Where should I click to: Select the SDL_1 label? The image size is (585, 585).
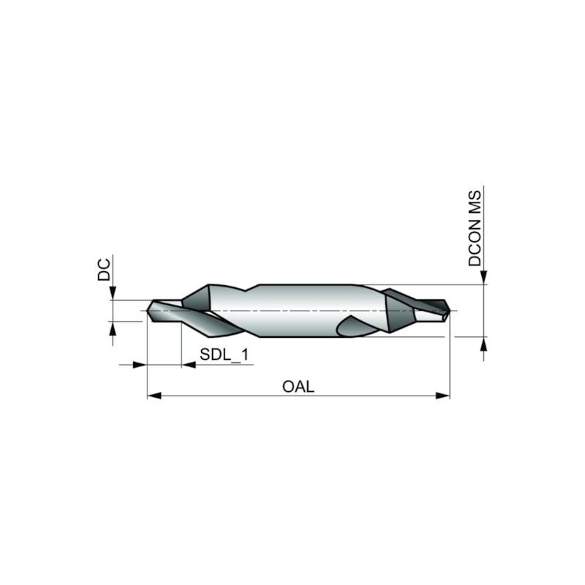pyautogui.click(x=224, y=355)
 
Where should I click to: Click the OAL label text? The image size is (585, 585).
pyautogui.click(x=298, y=387)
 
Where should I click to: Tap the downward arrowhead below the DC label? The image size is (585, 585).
pyautogui.click(x=113, y=293)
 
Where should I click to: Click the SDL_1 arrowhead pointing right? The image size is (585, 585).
pyautogui.click(x=139, y=364)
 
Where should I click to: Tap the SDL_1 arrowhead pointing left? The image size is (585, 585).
pyautogui.click(x=189, y=364)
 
